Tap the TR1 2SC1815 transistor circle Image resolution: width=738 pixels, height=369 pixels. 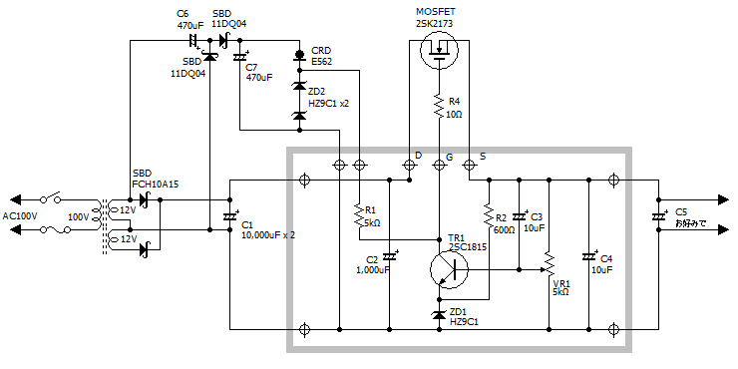[x=449, y=268]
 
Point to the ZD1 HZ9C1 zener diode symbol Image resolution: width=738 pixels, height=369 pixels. [x=439, y=314]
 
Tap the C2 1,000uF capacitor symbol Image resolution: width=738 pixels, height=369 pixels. [x=389, y=256]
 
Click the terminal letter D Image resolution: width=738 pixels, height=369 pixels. [x=418, y=156]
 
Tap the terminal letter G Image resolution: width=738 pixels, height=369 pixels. [x=449, y=156]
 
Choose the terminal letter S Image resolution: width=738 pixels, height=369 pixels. [x=483, y=156]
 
